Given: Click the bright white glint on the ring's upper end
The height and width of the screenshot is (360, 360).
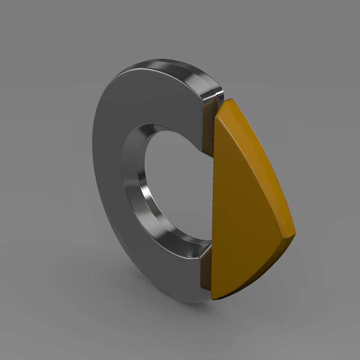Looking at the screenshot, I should [211, 94].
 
